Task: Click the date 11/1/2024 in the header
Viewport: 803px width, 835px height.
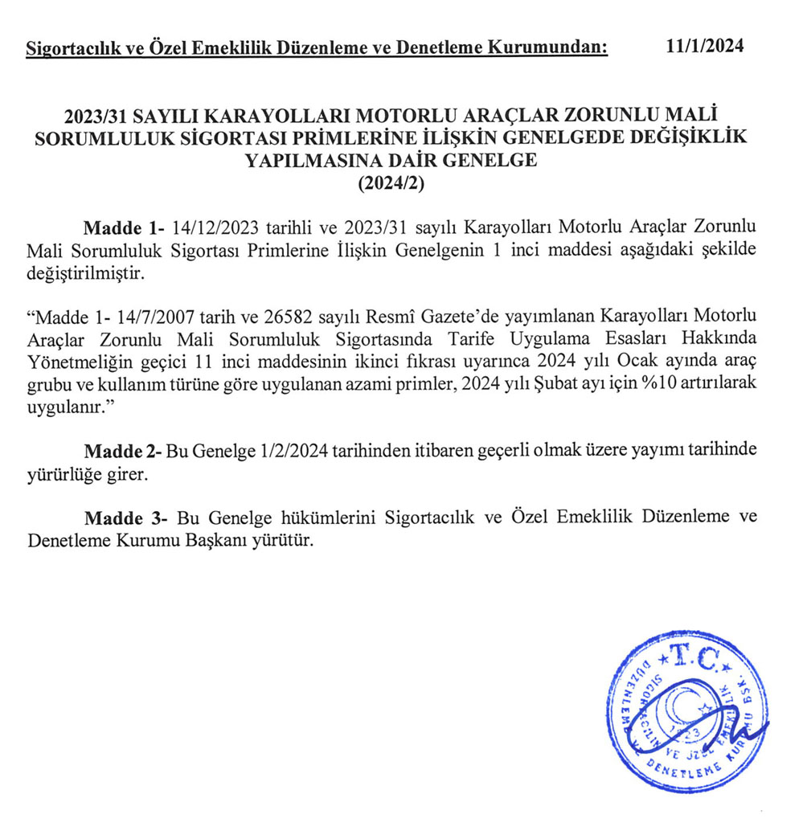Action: pos(705,46)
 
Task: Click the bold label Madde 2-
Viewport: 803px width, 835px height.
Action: pos(124,452)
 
